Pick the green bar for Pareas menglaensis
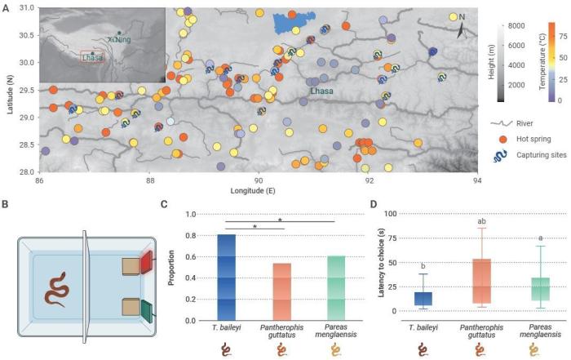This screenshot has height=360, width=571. [336, 287]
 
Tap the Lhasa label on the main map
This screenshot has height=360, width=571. [323, 93]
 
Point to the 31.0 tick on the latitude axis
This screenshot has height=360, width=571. [27, 8]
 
